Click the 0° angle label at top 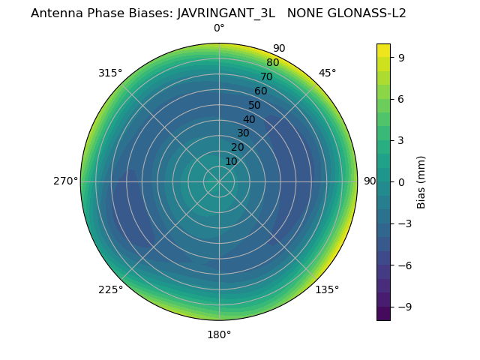tap(219, 28)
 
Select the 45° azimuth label tap(328, 73)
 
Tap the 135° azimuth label tap(327, 289)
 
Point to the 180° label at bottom tap(219, 334)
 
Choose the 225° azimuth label tap(110, 289)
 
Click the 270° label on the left tap(65, 181)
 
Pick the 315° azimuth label tap(110, 73)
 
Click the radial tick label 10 tap(231, 161)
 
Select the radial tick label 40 tap(249, 119)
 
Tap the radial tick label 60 tap(261, 91)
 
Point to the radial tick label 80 tap(273, 62)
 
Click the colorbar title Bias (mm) tap(421, 181)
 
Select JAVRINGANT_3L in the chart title tap(226, 13)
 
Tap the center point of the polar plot tap(219, 181)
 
